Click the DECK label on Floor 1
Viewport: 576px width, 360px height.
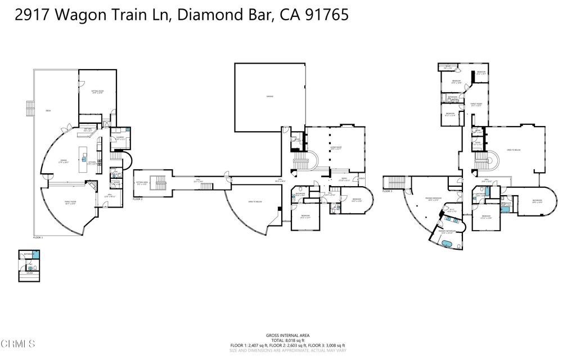[48, 111]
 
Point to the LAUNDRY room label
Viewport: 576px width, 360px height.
[120, 138]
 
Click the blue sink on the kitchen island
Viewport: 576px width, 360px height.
[85, 160]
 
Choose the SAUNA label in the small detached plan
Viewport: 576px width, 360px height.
[29, 274]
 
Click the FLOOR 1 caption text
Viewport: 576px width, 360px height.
[39, 238]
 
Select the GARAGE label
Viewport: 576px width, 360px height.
[270, 97]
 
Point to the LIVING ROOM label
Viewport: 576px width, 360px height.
[336, 148]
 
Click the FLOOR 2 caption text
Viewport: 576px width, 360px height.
[138, 199]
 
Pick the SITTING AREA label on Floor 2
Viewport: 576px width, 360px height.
[142, 183]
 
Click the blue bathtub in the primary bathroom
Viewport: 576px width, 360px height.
[448, 244]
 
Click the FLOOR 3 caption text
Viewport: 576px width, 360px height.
[386, 191]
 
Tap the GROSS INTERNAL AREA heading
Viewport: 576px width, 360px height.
[287, 335]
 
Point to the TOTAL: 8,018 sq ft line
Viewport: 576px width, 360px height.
[287, 340]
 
